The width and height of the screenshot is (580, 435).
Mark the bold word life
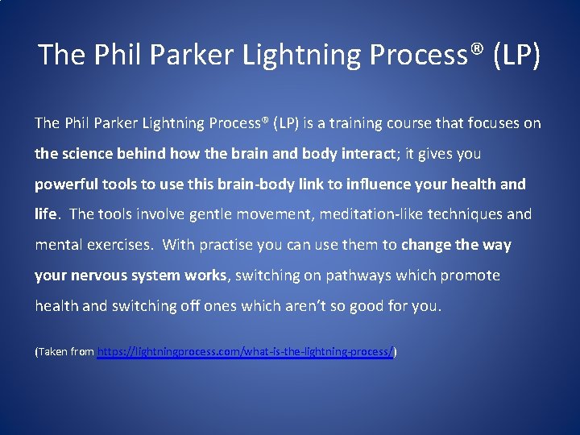46,214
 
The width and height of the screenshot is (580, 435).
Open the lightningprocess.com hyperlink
245,352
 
